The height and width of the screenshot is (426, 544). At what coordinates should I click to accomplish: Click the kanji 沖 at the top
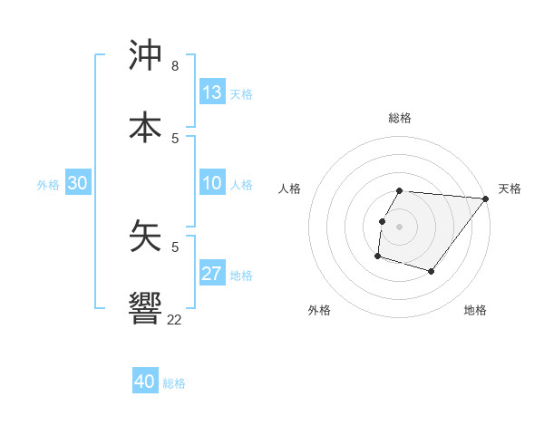[146, 55]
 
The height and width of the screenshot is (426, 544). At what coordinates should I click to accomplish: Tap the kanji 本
[146, 127]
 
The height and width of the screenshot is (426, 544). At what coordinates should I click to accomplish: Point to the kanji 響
[146, 307]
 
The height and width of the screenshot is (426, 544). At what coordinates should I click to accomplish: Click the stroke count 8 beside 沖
[174, 66]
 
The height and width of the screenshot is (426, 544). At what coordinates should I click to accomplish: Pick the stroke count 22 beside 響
[174, 319]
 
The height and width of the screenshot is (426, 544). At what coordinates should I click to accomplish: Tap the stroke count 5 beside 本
[175, 138]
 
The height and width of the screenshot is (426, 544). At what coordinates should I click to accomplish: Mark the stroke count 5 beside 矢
[175, 246]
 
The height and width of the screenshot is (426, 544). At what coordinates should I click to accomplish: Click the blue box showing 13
[212, 92]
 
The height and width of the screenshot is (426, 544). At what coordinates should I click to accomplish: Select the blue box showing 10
[212, 183]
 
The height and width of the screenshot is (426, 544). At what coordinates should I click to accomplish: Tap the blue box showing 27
[212, 274]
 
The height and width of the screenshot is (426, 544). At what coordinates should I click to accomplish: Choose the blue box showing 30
[78, 183]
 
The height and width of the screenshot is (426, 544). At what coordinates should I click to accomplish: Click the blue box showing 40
[145, 382]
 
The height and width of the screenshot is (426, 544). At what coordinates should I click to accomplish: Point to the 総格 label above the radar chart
[400, 118]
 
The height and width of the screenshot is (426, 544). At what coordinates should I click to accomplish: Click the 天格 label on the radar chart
[510, 189]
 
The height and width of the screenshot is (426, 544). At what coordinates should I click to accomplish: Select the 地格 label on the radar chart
[475, 310]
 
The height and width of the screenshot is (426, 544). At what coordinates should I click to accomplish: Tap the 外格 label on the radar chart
[319, 310]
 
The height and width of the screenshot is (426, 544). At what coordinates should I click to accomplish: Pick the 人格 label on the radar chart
[290, 189]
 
